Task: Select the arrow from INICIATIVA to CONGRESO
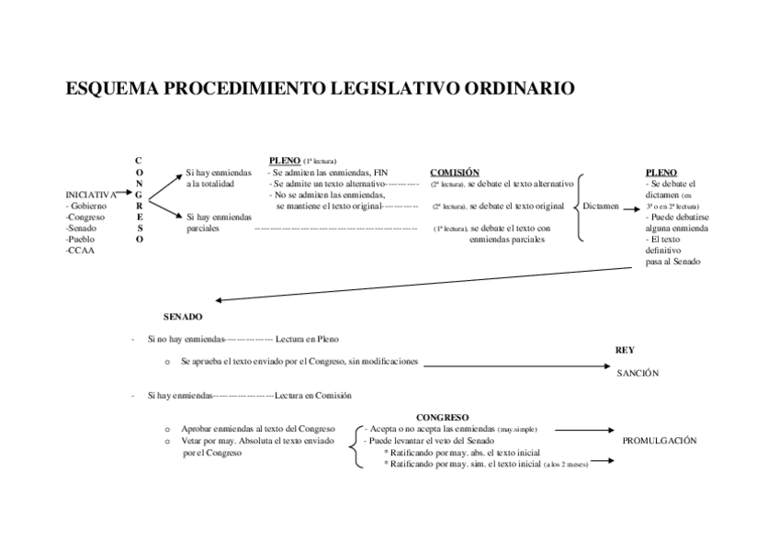[127, 194]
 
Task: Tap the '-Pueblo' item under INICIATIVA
[82, 239]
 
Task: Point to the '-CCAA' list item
[81, 250]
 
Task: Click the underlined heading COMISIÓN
[455, 173]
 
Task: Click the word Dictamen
[601, 207]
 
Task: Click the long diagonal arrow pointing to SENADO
[432, 282]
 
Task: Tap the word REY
[625, 350]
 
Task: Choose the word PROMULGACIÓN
[660, 441]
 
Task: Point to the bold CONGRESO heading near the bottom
[443, 417]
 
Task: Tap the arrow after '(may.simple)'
[585, 429]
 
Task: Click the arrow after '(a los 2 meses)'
[603, 465]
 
